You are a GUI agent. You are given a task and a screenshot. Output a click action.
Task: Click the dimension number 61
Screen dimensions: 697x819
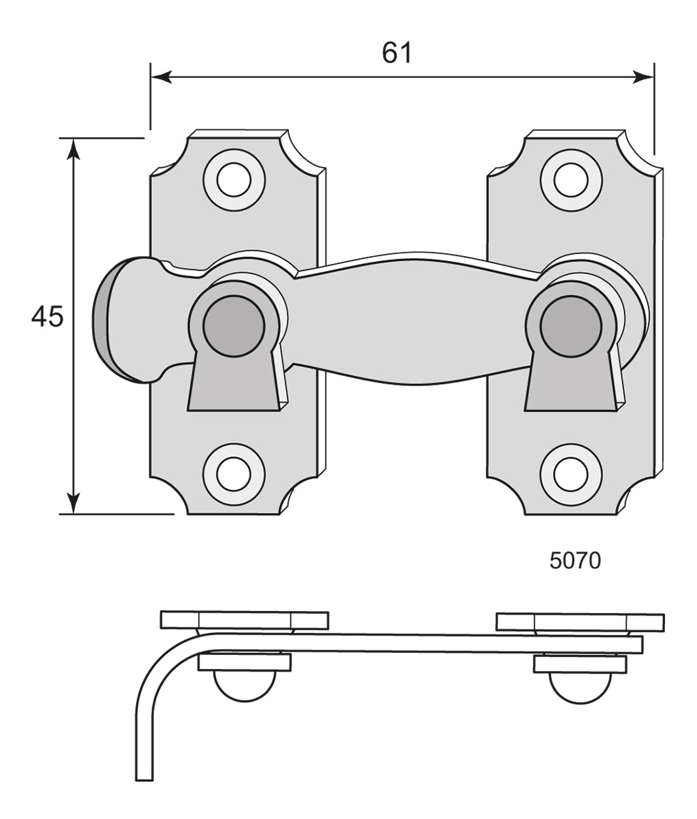coord(397,53)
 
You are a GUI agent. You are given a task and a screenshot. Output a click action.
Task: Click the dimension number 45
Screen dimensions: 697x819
coord(47,316)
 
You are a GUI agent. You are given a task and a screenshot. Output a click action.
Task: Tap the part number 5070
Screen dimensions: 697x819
coord(575,561)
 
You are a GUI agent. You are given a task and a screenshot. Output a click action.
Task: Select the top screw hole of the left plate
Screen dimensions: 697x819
coord(234,179)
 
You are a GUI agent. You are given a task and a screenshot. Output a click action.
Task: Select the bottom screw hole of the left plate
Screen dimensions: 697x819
coord(234,474)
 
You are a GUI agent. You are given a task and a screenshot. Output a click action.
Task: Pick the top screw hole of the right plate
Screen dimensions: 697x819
coord(571,179)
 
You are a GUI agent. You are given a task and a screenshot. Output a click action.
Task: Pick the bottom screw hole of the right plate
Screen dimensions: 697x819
coord(571,474)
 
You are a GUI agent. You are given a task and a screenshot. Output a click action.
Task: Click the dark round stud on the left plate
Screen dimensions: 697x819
coord(234,325)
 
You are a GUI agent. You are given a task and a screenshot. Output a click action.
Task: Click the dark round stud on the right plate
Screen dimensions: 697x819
coord(571,325)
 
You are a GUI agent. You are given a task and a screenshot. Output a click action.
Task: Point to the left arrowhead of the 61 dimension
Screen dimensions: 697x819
coord(161,77)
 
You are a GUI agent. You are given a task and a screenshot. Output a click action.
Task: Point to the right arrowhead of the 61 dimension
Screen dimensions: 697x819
coord(644,77)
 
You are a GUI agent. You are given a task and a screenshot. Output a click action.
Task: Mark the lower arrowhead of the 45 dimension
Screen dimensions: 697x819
coord(74,504)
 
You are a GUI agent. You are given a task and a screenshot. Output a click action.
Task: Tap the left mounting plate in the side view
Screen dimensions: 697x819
coord(245,620)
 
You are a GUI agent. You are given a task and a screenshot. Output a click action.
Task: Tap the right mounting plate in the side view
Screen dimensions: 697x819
coord(580,622)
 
